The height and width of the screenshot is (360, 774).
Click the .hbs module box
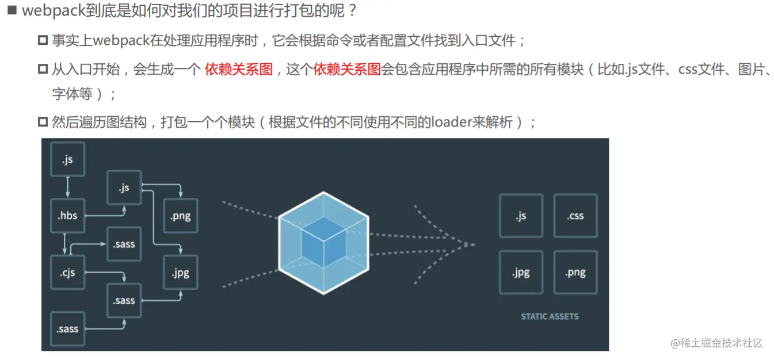click(x=68, y=216)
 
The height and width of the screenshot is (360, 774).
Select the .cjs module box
click(x=68, y=272)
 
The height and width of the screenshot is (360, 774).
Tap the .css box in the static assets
click(x=575, y=216)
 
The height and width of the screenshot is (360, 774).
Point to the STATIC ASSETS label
click(x=550, y=316)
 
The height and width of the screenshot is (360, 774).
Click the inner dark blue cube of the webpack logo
click(x=323, y=242)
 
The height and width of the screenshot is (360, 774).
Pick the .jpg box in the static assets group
click(x=521, y=272)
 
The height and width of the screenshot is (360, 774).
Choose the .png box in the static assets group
click(x=575, y=272)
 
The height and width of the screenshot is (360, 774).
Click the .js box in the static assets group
click(x=521, y=216)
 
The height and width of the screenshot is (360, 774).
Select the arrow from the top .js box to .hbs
click(x=68, y=187)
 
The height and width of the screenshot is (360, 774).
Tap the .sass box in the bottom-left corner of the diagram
click(x=68, y=329)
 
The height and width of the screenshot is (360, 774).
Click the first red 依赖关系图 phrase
click(x=238, y=70)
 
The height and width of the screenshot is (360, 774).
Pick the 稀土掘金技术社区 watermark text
click(x=721, y=343)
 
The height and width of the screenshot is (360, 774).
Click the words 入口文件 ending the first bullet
click(x=494, y=41)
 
